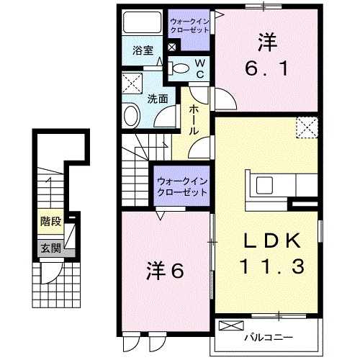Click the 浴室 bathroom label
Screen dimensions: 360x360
point(143,51)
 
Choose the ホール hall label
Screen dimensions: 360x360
point(194,120)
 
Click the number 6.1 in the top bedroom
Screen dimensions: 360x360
point(266,70)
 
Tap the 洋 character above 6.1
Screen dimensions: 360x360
point(266,42)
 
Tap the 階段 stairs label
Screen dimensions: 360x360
point(50,222)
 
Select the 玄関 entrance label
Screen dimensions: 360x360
point(50,248)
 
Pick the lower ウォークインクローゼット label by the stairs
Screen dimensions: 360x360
point(181,187)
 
